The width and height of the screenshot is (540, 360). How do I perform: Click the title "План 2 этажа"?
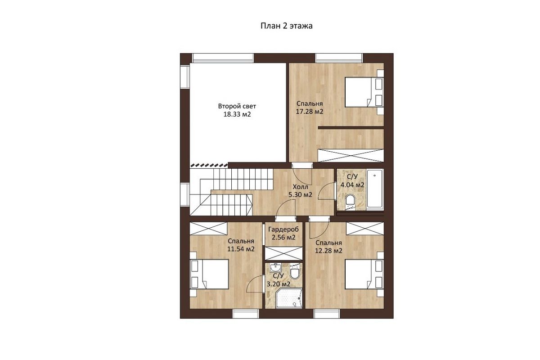click(286, 26)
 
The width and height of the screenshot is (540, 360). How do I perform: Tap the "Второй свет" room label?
click(237, 106)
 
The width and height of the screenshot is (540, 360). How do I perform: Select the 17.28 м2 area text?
click(310, 112)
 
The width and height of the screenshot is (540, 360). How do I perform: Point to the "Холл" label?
click(301, 187)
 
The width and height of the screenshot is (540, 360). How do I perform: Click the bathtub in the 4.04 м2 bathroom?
click(374, 189)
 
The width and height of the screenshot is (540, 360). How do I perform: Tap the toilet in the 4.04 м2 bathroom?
click(350, 201)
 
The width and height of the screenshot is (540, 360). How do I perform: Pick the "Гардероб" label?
click(283, 229)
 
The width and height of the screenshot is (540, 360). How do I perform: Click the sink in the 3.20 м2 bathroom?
click(275, 267)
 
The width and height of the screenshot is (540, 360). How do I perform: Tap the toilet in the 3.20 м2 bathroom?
click(295, 272)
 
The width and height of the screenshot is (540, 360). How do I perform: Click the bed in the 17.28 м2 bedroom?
click(364, 92)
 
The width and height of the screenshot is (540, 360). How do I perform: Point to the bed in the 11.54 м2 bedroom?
click(209, 274)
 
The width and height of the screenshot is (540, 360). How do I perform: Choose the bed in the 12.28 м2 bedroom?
click(364, 274)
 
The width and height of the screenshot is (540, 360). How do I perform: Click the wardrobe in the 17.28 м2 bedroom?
click(351, 156)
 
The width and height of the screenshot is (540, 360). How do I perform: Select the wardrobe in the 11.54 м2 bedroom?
click(208, 228)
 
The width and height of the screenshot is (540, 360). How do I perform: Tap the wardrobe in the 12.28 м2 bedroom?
click(365, 228)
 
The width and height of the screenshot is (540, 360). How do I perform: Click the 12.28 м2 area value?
click(328, 251)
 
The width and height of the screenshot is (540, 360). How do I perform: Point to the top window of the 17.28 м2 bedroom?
click(339, 58)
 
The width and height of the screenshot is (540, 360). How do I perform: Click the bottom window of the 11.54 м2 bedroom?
click(246, 314)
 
